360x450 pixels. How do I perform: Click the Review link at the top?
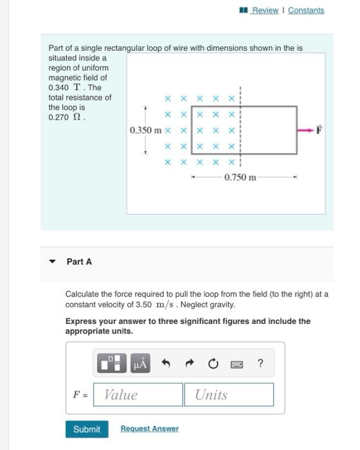point(264,10)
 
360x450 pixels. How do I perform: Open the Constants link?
point(306,10)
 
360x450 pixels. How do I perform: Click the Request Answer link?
point(149,429)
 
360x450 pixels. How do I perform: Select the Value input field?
point(138,395)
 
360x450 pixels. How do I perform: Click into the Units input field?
point(229,395)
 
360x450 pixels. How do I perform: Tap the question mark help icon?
point(260,364)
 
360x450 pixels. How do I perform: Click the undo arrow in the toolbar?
point(166,364)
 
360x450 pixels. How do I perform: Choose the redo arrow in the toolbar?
point(190,364)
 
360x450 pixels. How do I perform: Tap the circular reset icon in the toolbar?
point(213,364)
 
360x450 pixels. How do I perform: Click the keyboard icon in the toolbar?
point(236,364)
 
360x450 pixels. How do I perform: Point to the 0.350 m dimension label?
point(145,130)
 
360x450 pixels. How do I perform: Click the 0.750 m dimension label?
point(240,177)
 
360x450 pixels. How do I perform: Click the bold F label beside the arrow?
point(319,130)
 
